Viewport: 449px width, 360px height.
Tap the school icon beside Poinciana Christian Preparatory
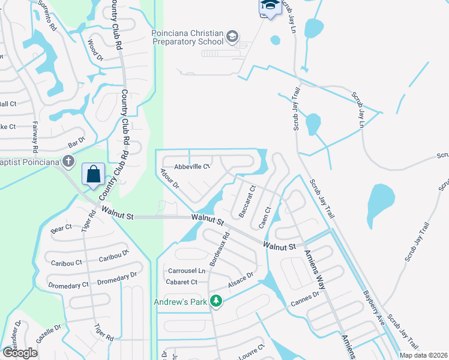coord(232,38)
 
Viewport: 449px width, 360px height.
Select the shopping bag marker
coord(93,175)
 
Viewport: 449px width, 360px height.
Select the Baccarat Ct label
coord(247,202)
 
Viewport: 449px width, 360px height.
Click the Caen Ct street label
coord(265,217)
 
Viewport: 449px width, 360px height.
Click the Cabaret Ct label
coord(182,281)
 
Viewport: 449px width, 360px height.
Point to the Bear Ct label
coord(61,228)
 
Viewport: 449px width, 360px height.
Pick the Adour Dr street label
coord(169,179)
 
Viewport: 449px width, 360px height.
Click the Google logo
coord(19,352)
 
